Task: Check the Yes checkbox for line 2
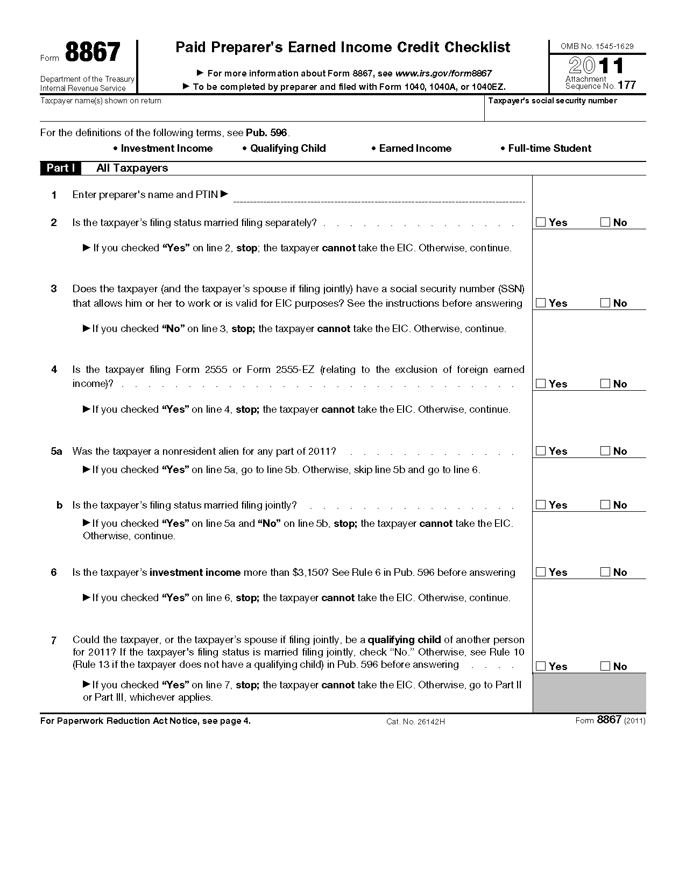coord(541,222)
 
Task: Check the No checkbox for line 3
coord(605,303)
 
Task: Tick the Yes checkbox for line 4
coord(541,384)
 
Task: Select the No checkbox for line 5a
coord(605,451)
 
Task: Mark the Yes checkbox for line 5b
coord(541,505)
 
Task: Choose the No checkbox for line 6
coord(605,572)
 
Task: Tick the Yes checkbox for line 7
coord(541,666)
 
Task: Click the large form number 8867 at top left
coord(93,53)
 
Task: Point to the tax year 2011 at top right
coord(597,66)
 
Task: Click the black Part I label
coord(60,168)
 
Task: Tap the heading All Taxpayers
coord(132,168)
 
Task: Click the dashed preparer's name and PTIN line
coord(379,200)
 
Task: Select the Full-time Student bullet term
coord(549,149)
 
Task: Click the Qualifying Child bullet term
coord(288,149)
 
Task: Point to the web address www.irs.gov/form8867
coord(443,74)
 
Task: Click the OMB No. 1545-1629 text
coord(597,46)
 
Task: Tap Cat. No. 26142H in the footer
coord(415,722)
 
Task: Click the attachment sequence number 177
coord(627,85)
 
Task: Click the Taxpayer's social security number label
coord(552,101)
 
